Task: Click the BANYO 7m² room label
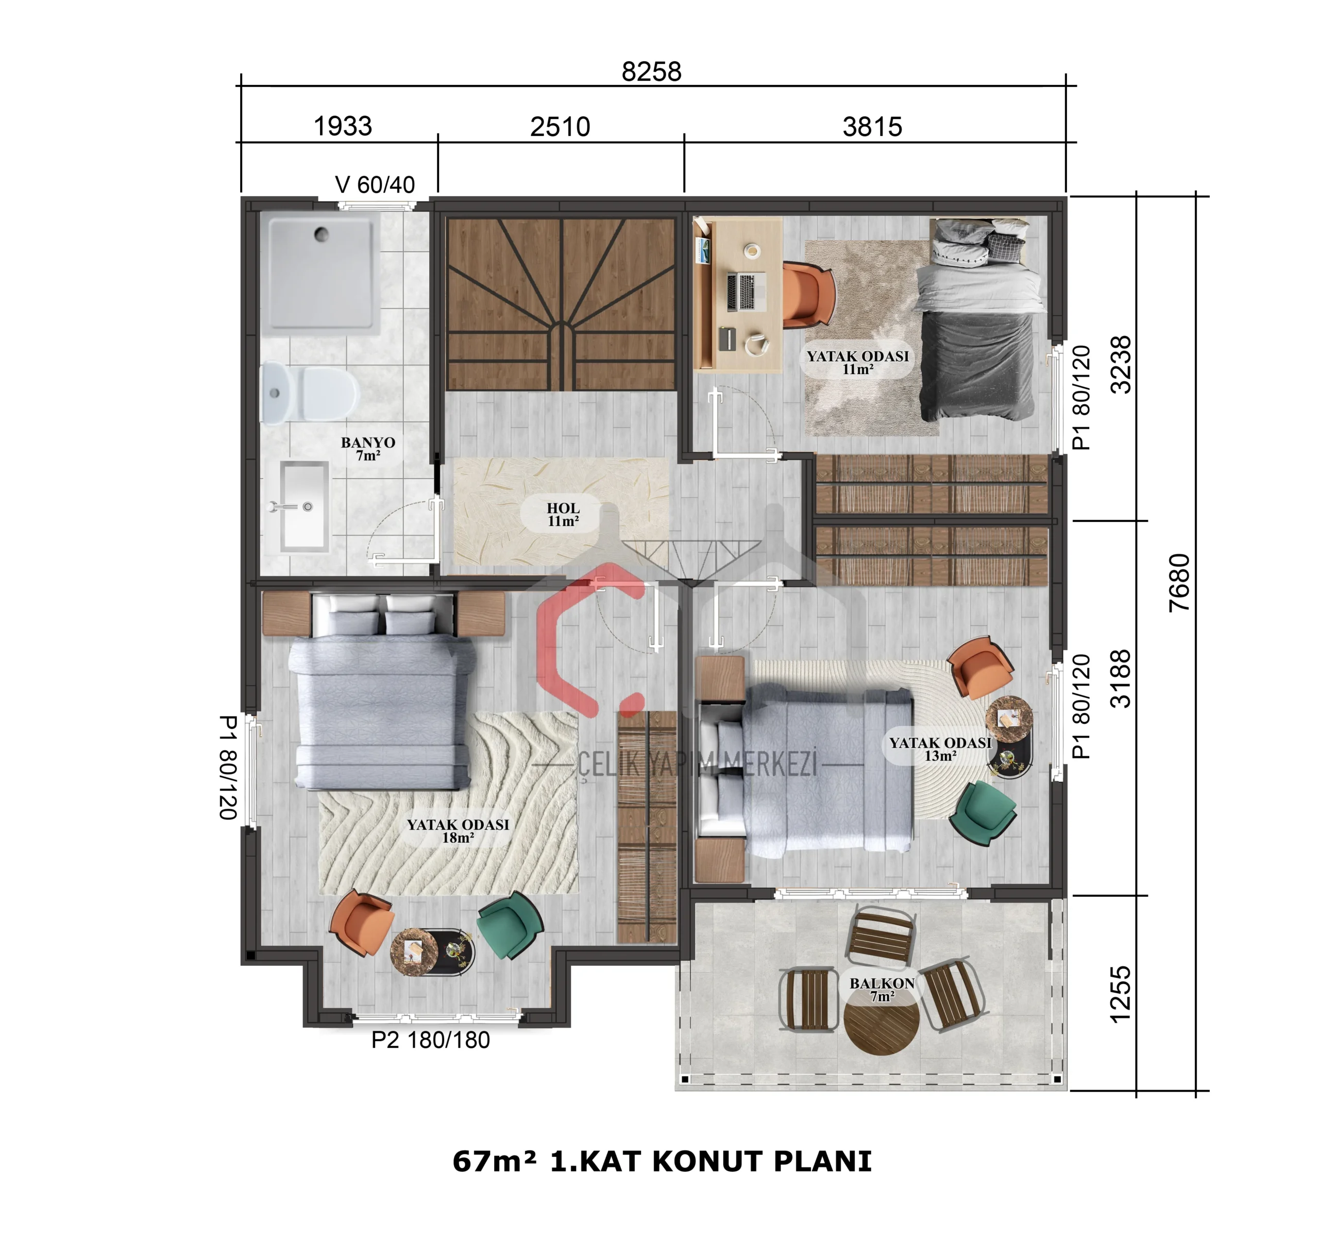tap(367, 448)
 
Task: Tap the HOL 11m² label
tap(563, 514)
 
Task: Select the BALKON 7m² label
tap(882, 989)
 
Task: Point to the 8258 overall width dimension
tap(651, 71)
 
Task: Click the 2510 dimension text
tap(560, 126)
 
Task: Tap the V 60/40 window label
tap(375, 184)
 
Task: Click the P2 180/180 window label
tap(430, 1040)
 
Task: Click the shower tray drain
tap(322, 234)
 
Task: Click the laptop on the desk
tap(745, 291)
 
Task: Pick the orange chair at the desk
tap(809, 295)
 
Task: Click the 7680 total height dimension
tap(1179, 582)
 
